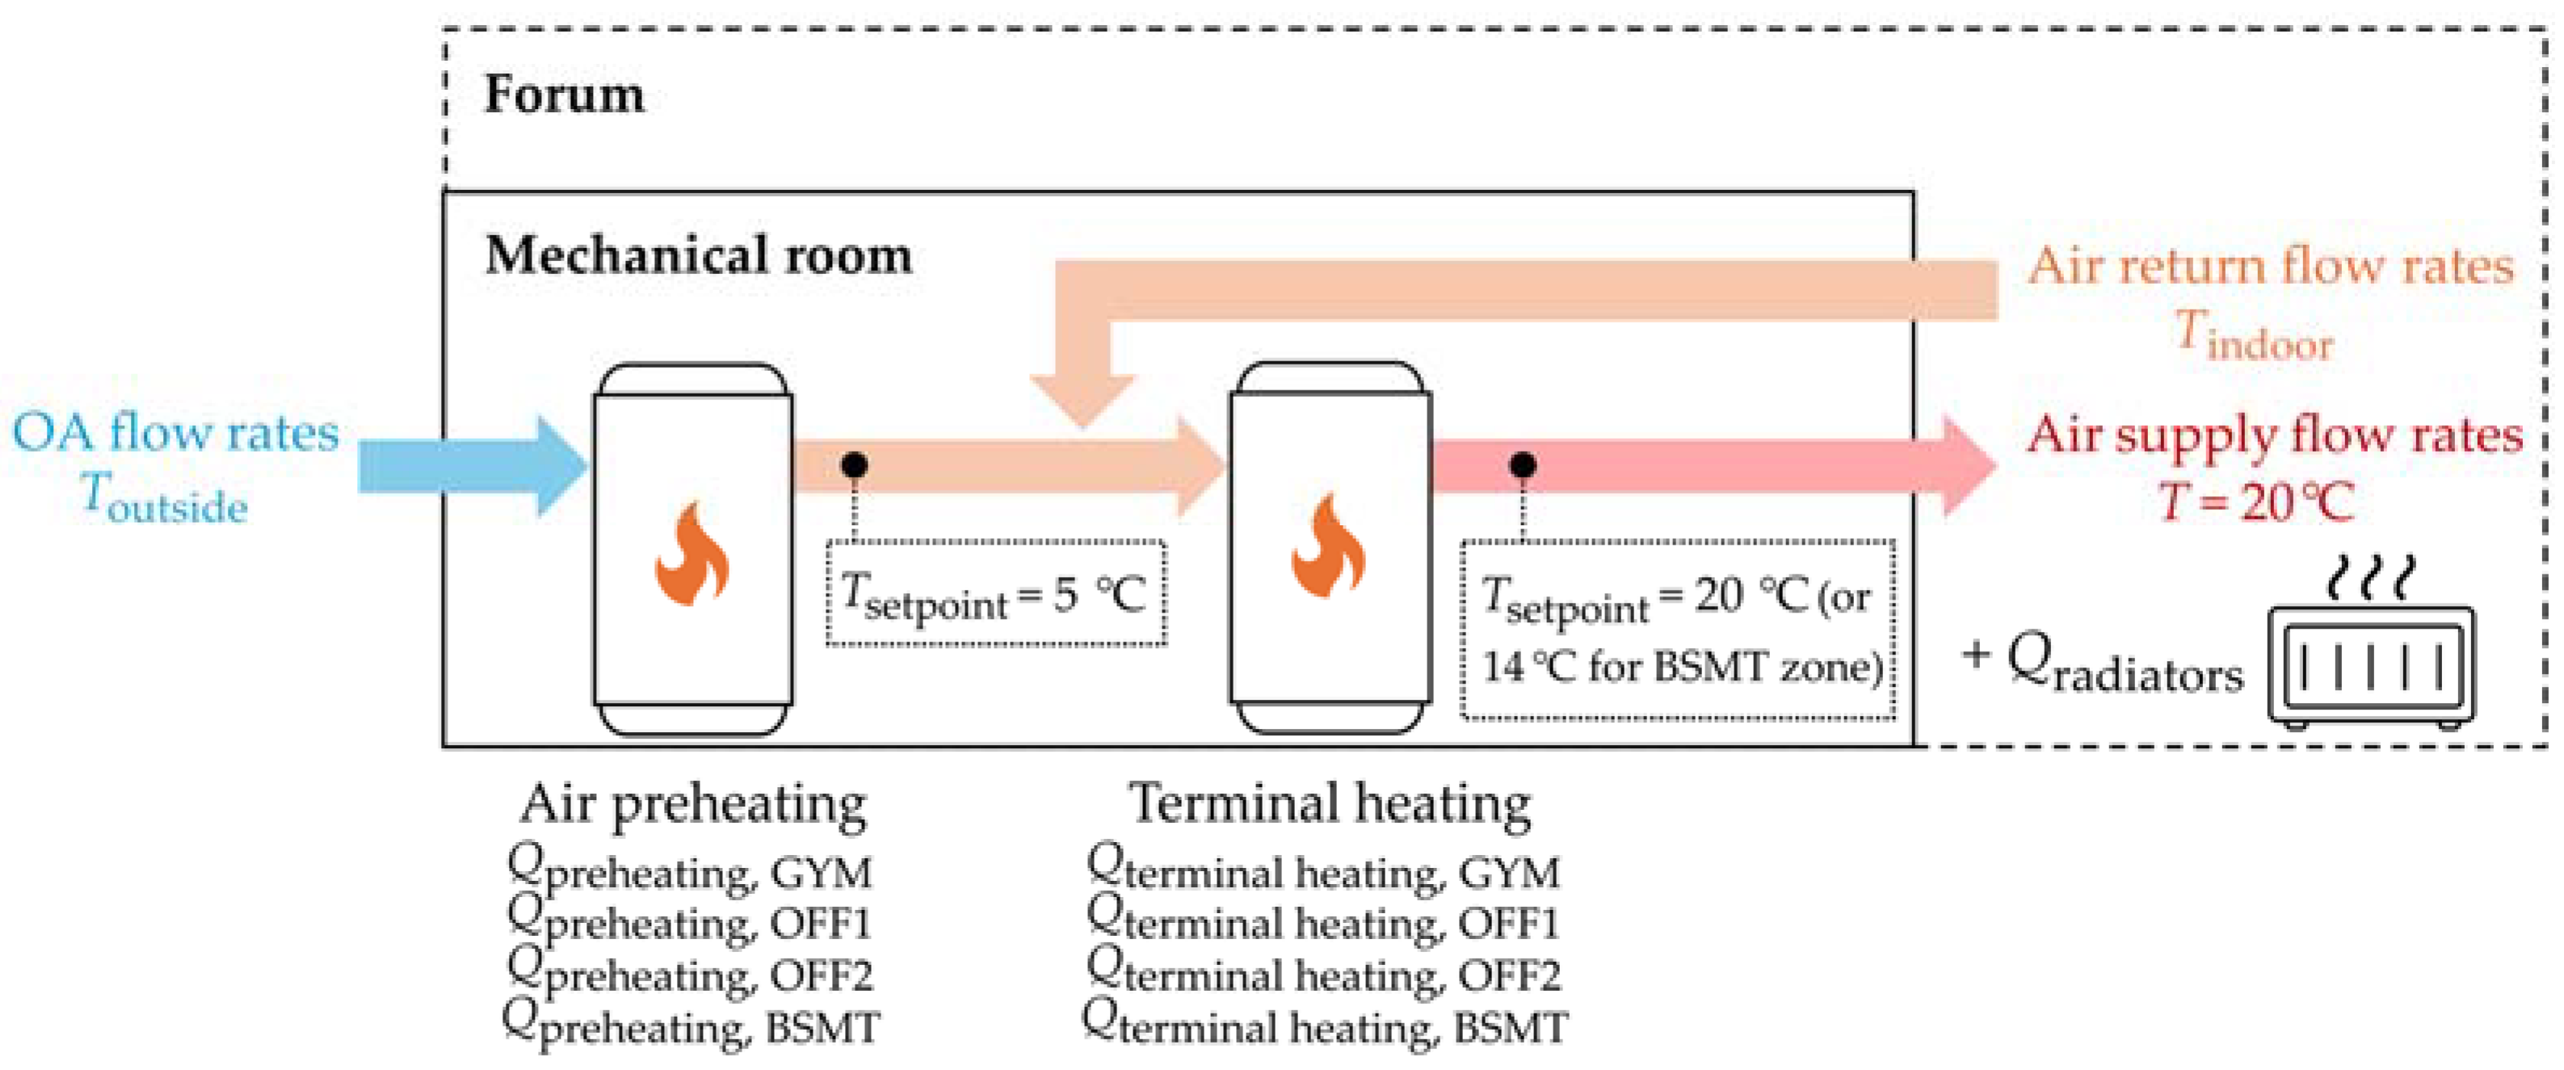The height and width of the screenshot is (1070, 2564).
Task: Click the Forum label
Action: point(563,95)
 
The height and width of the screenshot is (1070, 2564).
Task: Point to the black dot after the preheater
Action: point(854,465)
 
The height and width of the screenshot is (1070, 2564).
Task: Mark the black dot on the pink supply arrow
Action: point(1522,465)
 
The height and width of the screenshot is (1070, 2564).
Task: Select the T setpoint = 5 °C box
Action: point(995,594)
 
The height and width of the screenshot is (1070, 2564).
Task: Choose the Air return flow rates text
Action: point(2271,267)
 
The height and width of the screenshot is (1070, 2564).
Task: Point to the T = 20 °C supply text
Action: point(2255,502)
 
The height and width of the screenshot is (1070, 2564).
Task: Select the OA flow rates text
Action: point(175,433)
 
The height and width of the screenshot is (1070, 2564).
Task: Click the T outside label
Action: point(164,498)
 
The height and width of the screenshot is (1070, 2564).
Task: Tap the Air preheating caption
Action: point(693,804)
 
